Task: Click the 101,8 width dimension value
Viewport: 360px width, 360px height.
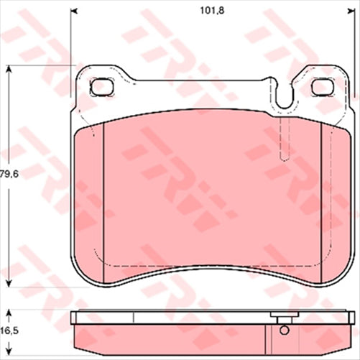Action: coord(209,11)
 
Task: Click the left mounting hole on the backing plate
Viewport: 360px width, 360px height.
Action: coord(103,86)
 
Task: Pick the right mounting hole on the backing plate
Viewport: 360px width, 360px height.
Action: coord(323,86)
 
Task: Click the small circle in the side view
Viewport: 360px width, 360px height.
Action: coord(284,331)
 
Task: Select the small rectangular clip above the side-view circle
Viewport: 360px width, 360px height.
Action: coord(283,318)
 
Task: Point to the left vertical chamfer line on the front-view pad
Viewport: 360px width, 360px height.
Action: coord(104,194)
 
